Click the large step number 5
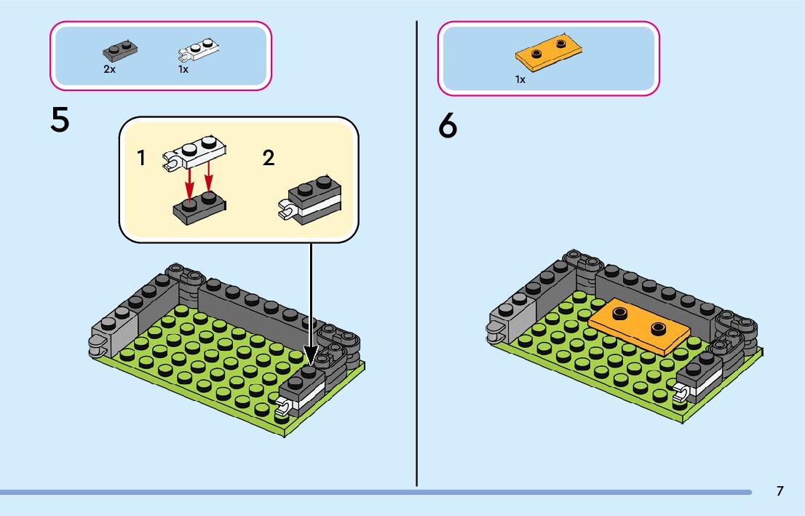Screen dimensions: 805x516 tap(60, 121)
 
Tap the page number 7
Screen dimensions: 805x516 tap(780, 491)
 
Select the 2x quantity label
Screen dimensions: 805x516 tap(109, 70)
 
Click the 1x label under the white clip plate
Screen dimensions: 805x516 tap(183, 70)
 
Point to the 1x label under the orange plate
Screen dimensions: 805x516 tap(520, 79)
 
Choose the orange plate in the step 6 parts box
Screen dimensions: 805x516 tap(550, 52)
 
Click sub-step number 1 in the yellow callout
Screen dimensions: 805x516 tap(142, 158)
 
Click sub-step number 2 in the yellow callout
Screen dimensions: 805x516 tap(269, 158)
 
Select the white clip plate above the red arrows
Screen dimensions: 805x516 tap(194, 152)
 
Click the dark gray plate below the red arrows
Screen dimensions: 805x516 tap(199, 207)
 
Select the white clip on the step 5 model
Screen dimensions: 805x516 tap(285, 408)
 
